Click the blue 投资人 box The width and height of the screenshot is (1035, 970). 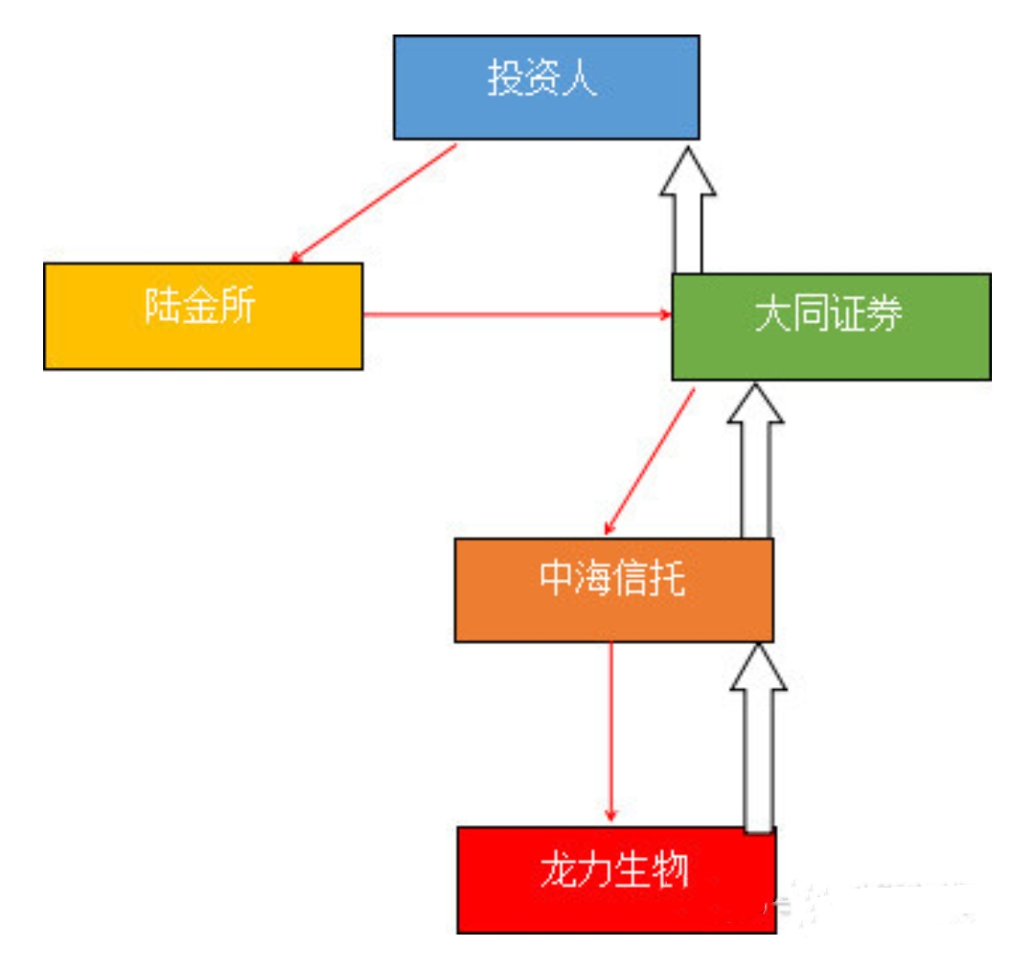point(546,87)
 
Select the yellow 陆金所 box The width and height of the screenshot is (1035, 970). point(203,315)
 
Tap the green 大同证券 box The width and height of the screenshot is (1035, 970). point(831,326)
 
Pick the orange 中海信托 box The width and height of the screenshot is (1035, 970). point(613,589)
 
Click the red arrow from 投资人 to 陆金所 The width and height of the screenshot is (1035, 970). point(374,203)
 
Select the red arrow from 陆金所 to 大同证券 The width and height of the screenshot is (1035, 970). point(517,313)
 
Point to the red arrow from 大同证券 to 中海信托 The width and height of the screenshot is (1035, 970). point(650,461)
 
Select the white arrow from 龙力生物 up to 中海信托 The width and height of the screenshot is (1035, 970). point(758,738)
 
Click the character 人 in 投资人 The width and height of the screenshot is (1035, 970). point(581,80)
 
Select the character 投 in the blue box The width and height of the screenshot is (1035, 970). point(505,80)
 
